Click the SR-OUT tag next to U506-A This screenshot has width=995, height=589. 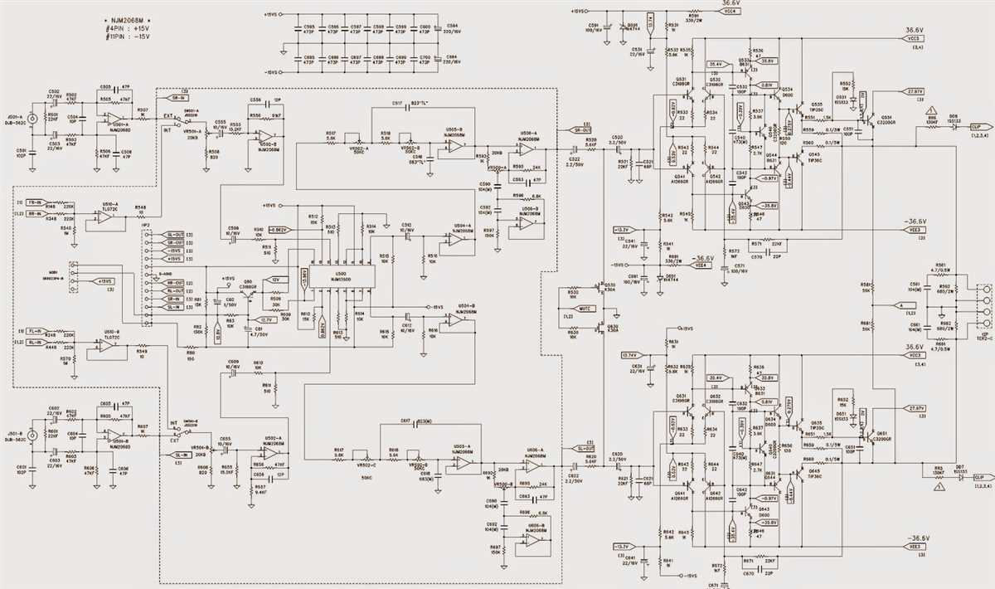(583, 129)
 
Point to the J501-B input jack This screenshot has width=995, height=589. (33, 434)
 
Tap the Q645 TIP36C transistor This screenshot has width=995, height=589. (801, 477)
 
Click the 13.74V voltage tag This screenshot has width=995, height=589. (629, 354)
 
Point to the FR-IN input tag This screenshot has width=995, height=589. (34, 202)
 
